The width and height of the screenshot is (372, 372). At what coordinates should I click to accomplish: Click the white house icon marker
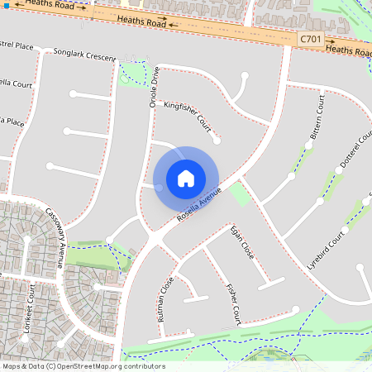point(186,179)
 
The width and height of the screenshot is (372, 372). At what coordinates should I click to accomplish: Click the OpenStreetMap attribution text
point(83,366)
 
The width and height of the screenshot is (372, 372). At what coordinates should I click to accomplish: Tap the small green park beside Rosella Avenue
point(240,196)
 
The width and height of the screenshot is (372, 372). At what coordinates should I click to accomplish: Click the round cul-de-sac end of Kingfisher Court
point(217,140)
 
